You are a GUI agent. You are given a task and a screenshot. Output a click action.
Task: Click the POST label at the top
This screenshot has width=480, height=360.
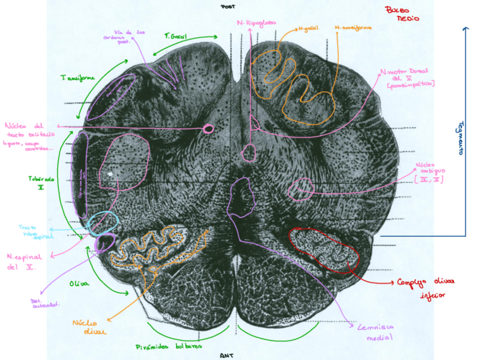point(228,7)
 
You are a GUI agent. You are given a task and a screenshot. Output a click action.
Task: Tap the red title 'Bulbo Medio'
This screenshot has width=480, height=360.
point(402,14)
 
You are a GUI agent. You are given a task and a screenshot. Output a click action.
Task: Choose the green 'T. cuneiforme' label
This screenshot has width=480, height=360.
point(78,78)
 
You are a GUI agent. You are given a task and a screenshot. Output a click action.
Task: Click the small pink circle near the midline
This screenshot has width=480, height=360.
point(208,129)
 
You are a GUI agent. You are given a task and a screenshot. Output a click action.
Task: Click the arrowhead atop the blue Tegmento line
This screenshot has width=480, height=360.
point(465,28)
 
